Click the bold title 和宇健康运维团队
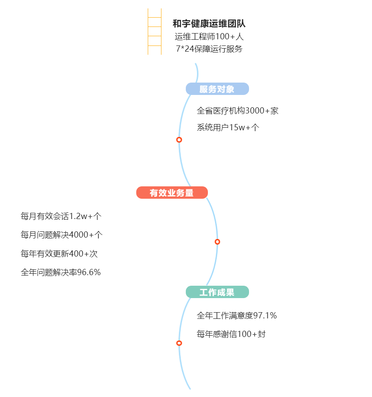(x=209, y=24)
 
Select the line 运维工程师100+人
(x=209, y=37)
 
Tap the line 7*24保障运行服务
(x=209, y=49)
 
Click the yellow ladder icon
(x=154, y=31)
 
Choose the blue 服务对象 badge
(x=217, y=89)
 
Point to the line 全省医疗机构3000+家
(x=238, y=111)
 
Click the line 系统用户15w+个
(x=228, y=128)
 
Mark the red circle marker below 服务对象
(x=179, y=140)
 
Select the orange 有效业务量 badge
(x=172, y=193)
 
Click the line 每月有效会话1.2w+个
(x=61, y=216)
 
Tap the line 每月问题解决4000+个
(x=61, y=235)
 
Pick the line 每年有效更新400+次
(x=59, y=254)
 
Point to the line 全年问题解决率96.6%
(x=61, y=272)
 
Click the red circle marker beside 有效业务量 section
(x=217, y=242)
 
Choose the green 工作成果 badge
(x=217, y=292)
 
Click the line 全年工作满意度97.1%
(x=237, y=316)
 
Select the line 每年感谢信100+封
(x=231, y=334)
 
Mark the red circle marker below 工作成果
(x=179, y=343)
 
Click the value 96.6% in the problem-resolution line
(x=89, y=272)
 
